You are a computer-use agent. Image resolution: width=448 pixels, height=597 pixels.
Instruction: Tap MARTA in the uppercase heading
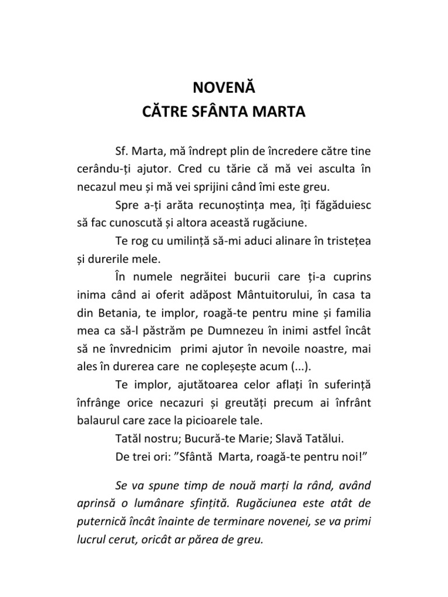click(277, 111)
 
